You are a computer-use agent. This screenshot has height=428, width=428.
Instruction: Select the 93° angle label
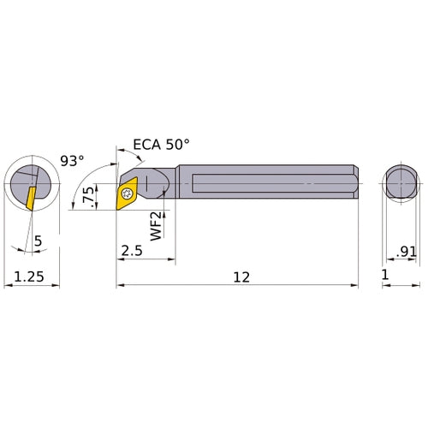(x=74, y=159)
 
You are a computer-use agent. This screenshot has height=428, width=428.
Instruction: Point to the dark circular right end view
(x=399, y=183)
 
